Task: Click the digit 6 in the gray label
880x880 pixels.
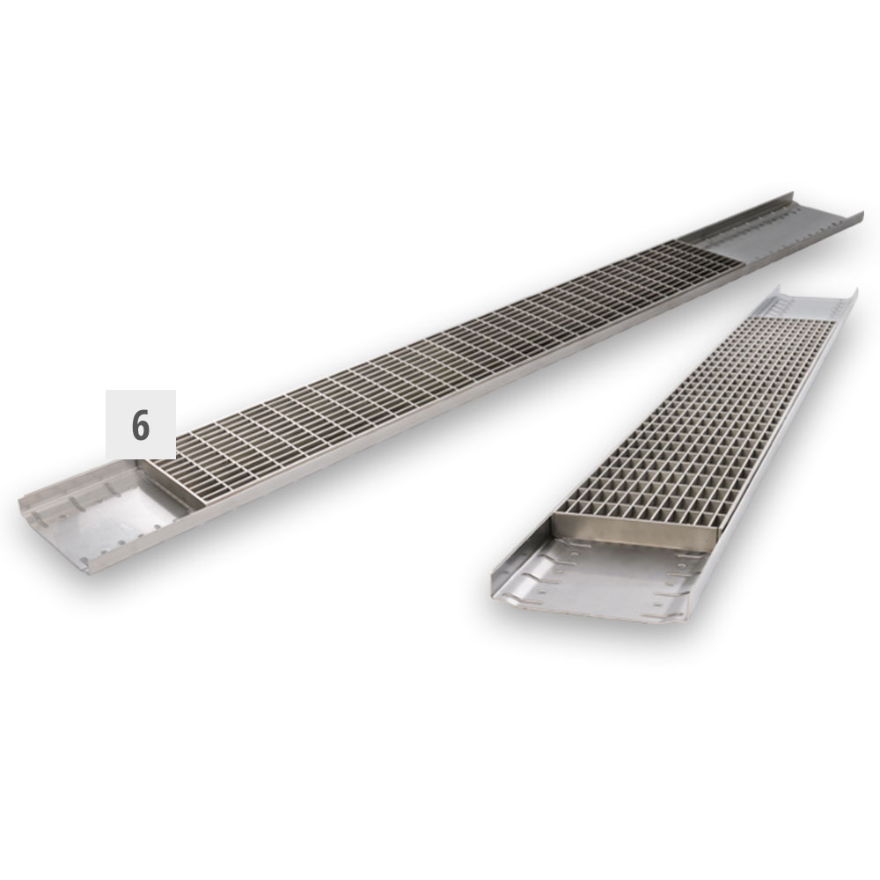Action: point(141,425)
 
